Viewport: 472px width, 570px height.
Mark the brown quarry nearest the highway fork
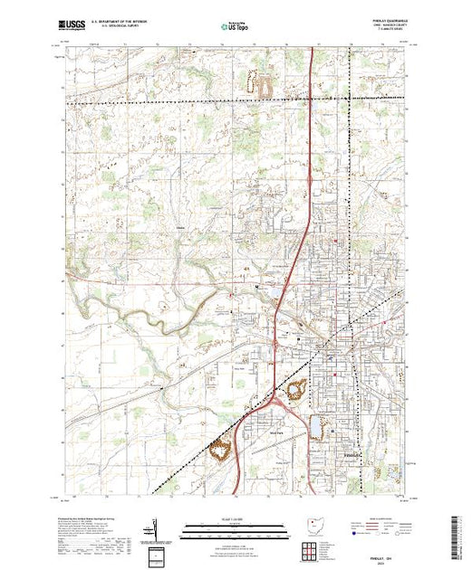click(295, 391)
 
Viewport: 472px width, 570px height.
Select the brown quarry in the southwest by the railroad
click(218, 449)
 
